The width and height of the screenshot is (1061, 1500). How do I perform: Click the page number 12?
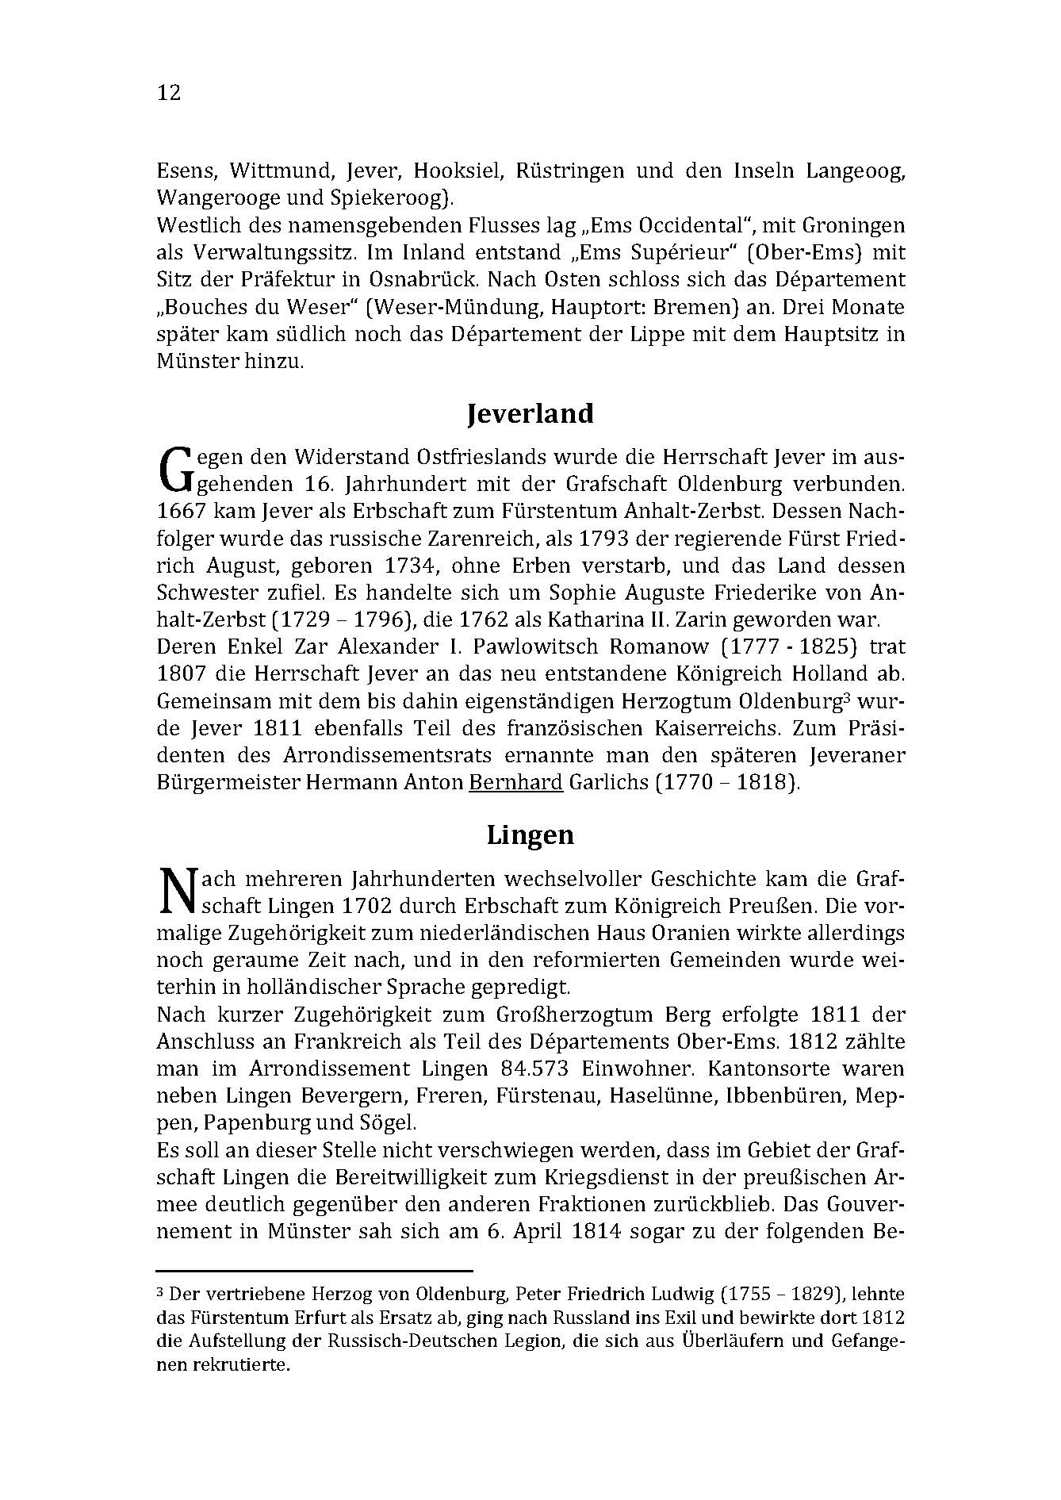169,93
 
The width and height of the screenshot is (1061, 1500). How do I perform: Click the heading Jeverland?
530,414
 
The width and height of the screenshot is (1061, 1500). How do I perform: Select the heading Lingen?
530,835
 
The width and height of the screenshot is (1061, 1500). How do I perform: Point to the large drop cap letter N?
176,892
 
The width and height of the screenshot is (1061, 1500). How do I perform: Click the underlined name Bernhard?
516,783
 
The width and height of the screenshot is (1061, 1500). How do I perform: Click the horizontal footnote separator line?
315,1270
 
